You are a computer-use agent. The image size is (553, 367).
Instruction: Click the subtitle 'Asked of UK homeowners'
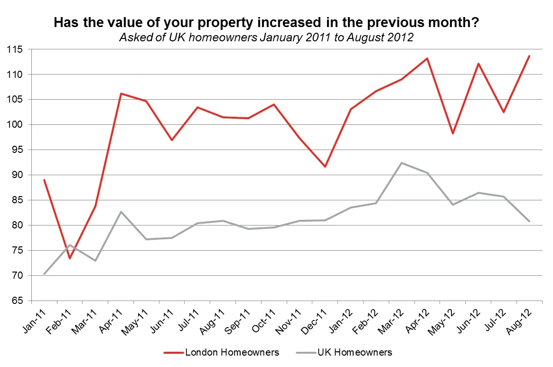(x=266, y=38)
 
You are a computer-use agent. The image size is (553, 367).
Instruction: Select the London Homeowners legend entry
(x=221, y=352)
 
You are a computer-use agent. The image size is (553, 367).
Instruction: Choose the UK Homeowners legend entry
(x=344, y=352)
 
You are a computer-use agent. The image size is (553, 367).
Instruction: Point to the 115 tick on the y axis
(x=17, y=49)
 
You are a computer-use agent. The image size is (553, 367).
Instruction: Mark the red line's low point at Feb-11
(x=70, y=258)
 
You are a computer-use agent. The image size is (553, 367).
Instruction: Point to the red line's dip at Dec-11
(x=325, y=167)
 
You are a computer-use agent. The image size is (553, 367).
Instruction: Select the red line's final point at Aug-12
(x=529, y=56)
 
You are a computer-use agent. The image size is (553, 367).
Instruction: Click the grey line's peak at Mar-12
(x=402, y=163)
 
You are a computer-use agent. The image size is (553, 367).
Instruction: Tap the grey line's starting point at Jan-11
(x=44, y=274)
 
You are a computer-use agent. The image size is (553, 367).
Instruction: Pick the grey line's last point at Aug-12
(x=529, y=221)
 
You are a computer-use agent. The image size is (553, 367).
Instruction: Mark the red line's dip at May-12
(x=453, y=133)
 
